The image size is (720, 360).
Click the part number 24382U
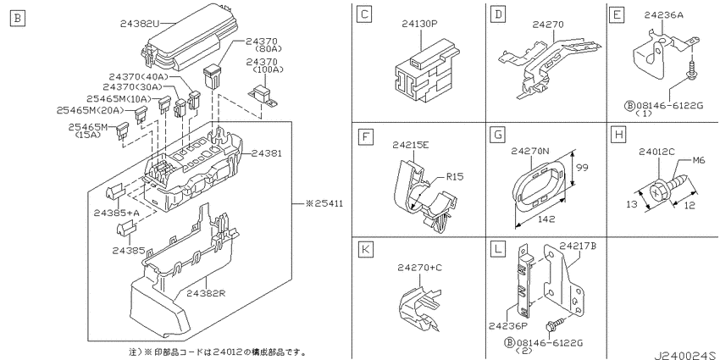141,23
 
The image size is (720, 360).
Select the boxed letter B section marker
18,19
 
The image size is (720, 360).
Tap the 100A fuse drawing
263,96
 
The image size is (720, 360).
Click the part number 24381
266,153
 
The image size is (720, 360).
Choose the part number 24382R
206,293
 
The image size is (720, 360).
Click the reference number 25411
328,203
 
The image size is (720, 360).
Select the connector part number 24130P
420,24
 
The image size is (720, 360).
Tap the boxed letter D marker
498,15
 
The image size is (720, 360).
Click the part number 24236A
663,14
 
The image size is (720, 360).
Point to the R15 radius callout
455,176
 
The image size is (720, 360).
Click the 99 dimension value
582,168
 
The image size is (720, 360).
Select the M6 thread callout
699,161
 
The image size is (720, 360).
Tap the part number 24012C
657,152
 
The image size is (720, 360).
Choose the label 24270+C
419,267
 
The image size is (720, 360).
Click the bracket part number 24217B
578,246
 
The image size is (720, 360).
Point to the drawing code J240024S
686,355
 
